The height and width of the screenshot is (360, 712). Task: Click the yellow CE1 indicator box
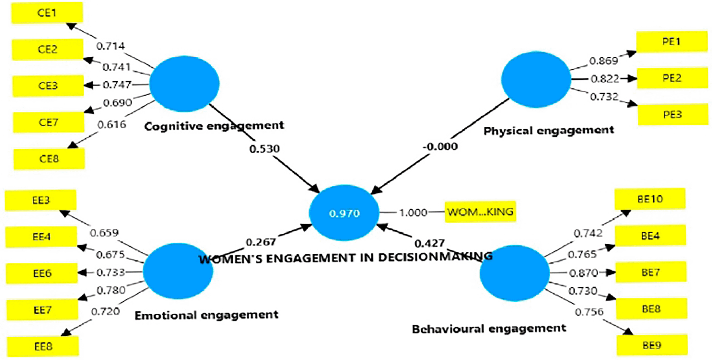[47, 13]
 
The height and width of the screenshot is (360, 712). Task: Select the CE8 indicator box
[49, 159]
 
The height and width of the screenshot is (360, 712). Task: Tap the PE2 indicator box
[672, 78]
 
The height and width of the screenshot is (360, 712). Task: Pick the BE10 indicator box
[650, 199]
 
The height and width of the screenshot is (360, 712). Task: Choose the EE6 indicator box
[42, 274]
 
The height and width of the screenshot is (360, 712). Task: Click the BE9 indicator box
[652, 345]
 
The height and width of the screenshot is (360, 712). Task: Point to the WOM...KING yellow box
[480, 212]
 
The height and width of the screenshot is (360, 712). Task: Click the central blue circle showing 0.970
[344, 213]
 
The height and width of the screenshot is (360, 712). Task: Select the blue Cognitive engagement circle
[184, 84]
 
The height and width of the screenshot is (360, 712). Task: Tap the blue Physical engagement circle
[536, 79]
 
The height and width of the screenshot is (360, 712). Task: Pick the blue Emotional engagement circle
[178, 271]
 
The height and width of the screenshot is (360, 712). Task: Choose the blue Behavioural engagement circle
[514, 273]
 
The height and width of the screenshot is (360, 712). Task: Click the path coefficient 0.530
[264, 149]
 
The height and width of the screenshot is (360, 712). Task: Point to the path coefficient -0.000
[440, 146]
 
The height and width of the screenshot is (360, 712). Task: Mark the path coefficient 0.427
[430, 243]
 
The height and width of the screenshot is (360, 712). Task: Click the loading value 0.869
[603, 61]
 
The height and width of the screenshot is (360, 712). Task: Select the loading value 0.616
[112, 125]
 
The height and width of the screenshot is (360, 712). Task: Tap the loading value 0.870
[583, 273]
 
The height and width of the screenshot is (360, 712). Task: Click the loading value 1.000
[413, 212]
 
